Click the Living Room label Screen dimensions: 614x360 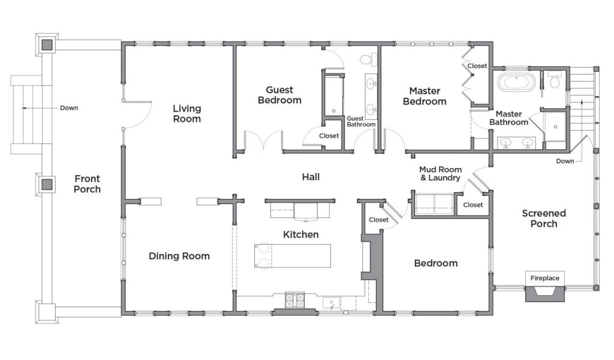(x=187, y=113)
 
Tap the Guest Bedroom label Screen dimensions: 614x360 (x=279, y=95)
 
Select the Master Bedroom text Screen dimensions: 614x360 (x=425, y=97)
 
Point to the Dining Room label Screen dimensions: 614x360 (x=179, y=256)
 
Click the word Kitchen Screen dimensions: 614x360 (x=301, y=235)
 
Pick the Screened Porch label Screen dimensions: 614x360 (x=544, y=218)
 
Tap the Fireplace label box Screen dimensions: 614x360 (x=544, y=278)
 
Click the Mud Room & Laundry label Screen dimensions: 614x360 (x=440, y=173)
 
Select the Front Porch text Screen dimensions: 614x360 (x=88, y=184)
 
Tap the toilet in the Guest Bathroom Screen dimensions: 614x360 (x=366, y=60)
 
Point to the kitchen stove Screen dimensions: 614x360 (x=294, y=301)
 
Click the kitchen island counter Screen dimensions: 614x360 (x=293, y=256)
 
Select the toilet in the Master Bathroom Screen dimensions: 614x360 (x=554, y=80)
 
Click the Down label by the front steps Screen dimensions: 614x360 (x=69, y=108)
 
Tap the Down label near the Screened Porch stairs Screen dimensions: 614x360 (x=565, y=161)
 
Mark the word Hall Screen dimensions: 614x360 (x=311, y=177)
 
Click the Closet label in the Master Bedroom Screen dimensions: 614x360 (x=477, y=66)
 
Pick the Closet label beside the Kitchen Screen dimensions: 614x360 (x=379, y=220)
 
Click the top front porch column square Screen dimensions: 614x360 (x=47, y=44)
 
